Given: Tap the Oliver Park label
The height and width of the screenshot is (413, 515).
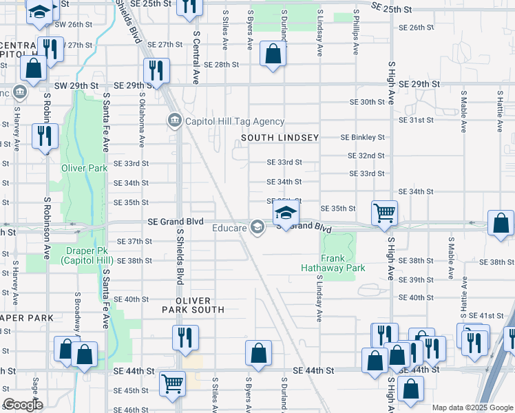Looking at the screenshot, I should [84, 168].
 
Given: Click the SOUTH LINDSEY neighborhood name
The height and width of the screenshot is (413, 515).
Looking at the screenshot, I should [280, 138].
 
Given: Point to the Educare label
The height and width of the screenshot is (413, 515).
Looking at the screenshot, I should [229, 228].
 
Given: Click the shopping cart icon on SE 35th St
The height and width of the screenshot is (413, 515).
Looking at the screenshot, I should [384, 212].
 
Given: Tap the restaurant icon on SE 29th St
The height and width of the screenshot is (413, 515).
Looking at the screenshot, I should [156, 70].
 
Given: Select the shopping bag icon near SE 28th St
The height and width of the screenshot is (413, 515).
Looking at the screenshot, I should [273, 54].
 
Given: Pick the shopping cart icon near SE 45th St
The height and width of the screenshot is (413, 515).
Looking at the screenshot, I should [172, 383].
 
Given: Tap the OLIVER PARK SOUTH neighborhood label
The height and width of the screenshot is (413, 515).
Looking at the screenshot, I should [192, 306].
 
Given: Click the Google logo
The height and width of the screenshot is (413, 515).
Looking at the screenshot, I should [23, 405].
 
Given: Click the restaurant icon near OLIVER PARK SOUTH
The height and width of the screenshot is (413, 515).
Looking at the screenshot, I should [185, 337].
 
